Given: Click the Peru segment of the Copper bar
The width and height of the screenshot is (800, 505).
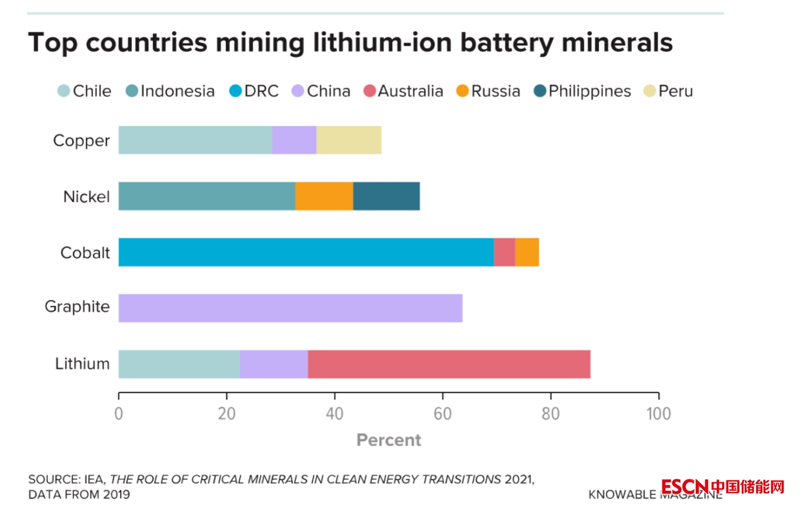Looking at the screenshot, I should [349, 140].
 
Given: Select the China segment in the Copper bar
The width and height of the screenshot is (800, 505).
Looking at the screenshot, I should [294, 140].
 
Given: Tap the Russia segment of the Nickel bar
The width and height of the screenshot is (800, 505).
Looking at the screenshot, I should [324, 196].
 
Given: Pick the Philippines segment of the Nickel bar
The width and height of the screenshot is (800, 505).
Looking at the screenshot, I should [386, 196].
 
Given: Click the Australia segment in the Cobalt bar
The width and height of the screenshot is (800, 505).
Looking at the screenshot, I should [504, 252].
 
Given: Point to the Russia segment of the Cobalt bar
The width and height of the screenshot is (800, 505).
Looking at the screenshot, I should [527, 252].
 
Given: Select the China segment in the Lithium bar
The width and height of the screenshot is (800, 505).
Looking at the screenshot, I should [274, 364].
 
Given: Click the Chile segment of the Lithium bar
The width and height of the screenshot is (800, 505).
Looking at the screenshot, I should [179, 364].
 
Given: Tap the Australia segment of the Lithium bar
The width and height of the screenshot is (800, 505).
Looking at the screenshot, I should [449, 364].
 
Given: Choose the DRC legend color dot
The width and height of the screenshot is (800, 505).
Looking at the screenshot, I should [235, 91].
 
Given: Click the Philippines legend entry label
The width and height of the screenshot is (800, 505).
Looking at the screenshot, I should [589, 91].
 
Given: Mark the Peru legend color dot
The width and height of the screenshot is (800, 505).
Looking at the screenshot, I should [650, 91].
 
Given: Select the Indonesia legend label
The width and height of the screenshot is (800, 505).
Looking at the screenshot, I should [178, 91].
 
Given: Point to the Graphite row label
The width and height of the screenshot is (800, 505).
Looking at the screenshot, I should [77, 307].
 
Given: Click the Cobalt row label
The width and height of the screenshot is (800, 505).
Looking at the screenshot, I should [85, 252].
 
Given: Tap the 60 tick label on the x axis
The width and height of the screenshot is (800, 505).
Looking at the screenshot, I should [442, 414].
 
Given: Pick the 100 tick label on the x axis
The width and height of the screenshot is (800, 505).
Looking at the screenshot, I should [658, 414].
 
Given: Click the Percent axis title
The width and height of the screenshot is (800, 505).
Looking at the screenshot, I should [389, 440].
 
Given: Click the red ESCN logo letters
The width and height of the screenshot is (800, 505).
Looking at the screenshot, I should [685, 487].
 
